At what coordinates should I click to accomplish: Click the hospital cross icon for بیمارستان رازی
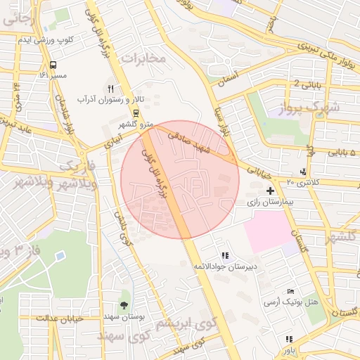click(270, 191)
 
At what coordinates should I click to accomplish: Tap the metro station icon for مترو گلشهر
click(135, 113)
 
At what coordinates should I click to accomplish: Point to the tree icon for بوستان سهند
click(124, 305)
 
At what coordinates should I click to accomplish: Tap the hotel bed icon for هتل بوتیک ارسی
click(290, 292)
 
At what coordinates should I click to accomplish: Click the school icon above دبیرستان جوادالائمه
click(224, 255)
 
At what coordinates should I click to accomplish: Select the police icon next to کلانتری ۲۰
click(303, 172)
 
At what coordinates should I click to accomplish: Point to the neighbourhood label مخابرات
click(143, 57)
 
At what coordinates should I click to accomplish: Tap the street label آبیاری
click(112, 140)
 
